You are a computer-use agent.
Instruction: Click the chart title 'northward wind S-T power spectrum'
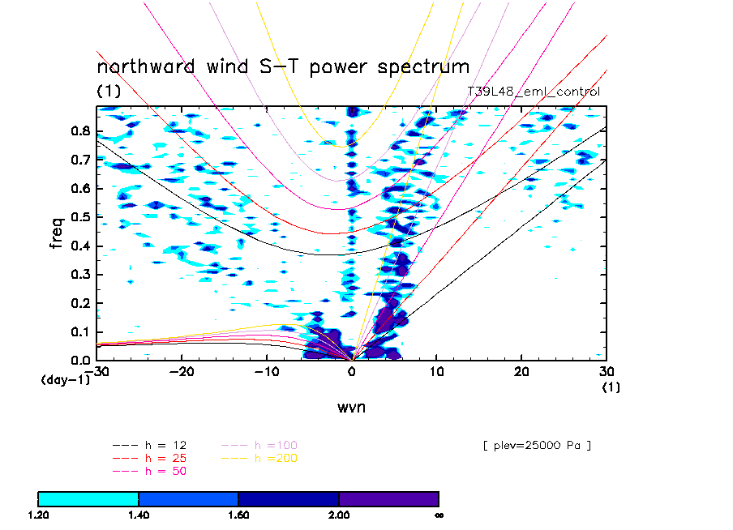(283, 66)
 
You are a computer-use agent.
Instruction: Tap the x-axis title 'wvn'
(351, 407)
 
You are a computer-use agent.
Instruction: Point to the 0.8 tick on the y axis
(79, 131)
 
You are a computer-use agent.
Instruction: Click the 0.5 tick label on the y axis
(79, 217)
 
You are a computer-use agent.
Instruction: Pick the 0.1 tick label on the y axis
(79, 331)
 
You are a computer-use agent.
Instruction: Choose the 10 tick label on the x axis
(436, 371)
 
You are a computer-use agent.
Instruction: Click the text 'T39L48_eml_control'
(534, 92)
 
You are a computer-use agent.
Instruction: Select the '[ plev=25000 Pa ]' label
(535, 445)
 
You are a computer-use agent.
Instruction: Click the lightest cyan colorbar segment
(88, 498)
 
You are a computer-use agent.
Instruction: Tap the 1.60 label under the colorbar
(238, 515)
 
